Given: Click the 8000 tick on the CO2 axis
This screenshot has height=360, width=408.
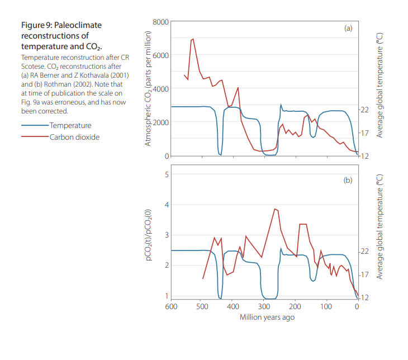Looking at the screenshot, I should click(x=160, y=22).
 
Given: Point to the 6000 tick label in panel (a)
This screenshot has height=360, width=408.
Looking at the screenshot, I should click(x=160, y=55).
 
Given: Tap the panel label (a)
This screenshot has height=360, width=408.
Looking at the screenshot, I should click(x=348, y=28).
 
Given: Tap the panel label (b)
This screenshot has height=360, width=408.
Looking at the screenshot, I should click(x=348, y=181).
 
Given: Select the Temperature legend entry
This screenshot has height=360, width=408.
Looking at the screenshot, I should click(x=70, y=126).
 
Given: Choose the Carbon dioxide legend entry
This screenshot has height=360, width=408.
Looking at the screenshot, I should click(x=74, y=137).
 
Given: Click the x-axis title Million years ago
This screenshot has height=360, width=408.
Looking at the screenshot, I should click(x=267, y=318).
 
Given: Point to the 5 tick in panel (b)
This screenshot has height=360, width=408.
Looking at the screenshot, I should click(x=166, y=174).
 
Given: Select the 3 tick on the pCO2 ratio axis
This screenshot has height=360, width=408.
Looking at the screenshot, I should click(x=166, y=235).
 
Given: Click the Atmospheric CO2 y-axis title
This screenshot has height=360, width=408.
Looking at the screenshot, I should click(x=148, y=89).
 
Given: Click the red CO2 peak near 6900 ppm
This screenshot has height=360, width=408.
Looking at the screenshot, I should click(x=193, y=39).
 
